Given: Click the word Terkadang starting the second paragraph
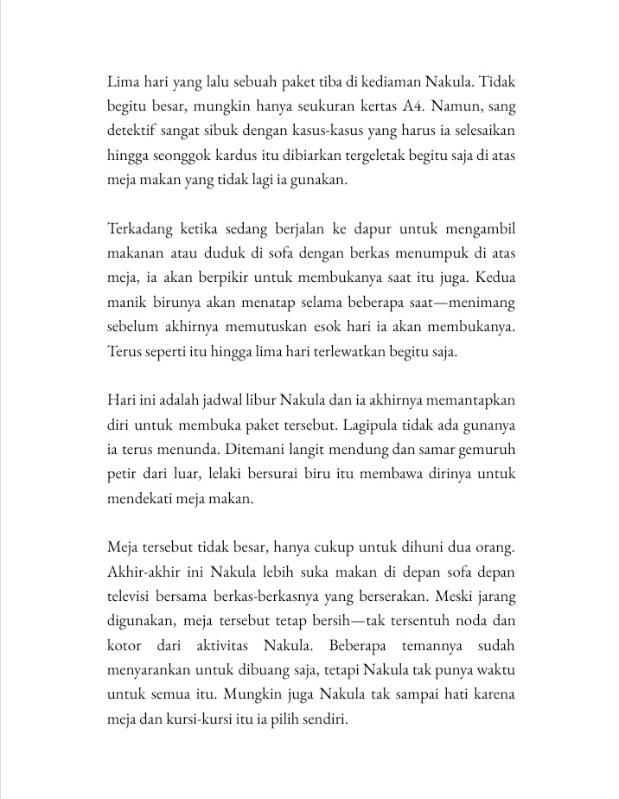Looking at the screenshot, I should coord(140,229).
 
